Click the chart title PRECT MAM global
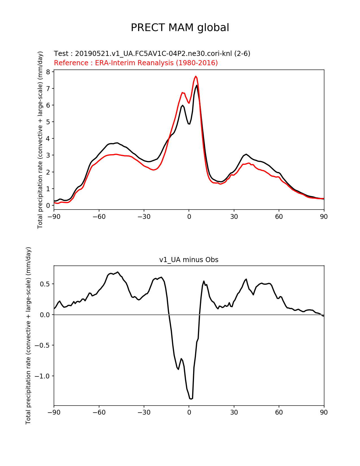coord(180,28)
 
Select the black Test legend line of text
coord(152,54)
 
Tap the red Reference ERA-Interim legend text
coord(136,63)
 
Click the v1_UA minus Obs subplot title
coord(189,260)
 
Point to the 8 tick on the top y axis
coord(48,72)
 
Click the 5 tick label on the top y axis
coord(48,122)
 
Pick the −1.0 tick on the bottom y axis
coord(42,376)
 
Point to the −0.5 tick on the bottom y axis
coord(42,345)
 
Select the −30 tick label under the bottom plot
coord(144,412)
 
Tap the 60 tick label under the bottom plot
coord(279,412)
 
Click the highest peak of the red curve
coord(196,76)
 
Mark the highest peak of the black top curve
coord(197,85)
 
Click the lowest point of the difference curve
coord(191,399)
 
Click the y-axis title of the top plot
coord(40,140)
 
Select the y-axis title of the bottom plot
coord(28,336)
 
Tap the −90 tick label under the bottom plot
coord(54,412)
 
